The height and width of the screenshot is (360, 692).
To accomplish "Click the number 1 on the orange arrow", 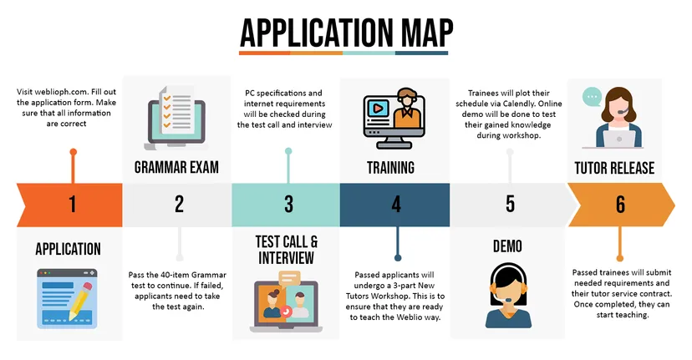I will pos(72,205).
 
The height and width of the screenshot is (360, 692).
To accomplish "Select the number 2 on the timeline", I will pos(179,205).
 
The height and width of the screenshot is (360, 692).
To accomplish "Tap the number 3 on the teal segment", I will pos(288,205).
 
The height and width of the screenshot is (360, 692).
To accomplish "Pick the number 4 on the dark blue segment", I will pos(396,205).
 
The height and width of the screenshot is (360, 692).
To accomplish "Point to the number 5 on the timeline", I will pos(510,205).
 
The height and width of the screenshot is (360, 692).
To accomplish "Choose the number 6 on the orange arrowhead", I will pos(619,205).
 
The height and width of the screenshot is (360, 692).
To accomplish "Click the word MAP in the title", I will pos(416,33).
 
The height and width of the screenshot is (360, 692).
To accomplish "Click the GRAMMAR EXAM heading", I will pos(176,167).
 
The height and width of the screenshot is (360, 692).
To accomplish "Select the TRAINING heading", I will pos(391,167).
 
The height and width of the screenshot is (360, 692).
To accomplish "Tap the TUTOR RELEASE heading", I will pos(614,167).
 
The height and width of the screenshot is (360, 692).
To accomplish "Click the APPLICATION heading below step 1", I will pos(69,249).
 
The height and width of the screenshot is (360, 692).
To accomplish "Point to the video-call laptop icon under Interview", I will pos(285,303).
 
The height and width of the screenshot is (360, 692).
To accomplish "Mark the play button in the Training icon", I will pos(378,108).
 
